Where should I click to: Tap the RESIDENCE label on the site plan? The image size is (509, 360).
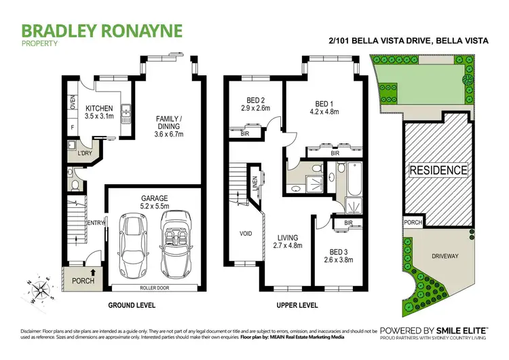tap(438, 170)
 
